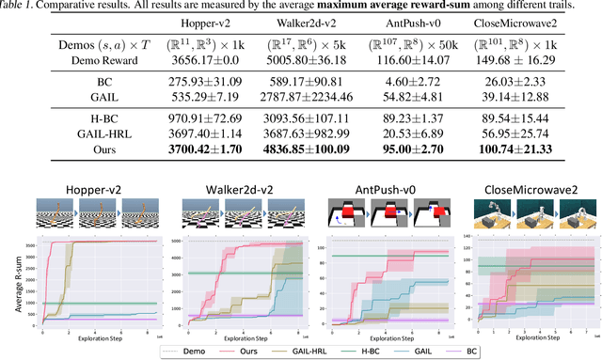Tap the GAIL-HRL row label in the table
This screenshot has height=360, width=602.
pos(80,133)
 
